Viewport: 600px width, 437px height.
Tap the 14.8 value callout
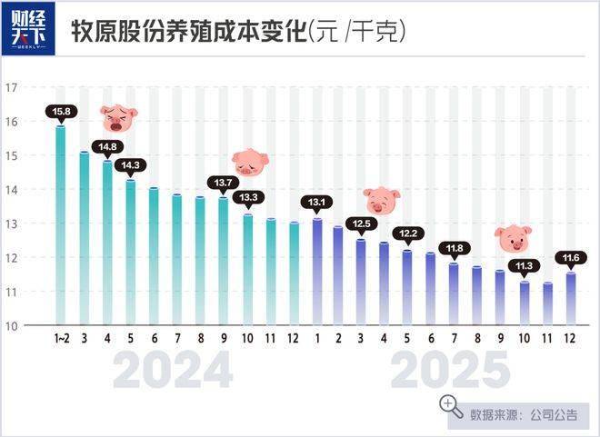(107, 147)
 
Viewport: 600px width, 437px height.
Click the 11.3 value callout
(525, 266)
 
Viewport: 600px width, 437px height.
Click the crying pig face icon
(118, 117)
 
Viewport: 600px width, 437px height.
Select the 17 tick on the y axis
(12, 87)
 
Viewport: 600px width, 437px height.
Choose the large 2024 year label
(174, 371)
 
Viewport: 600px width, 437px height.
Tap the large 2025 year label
(449, 371)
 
